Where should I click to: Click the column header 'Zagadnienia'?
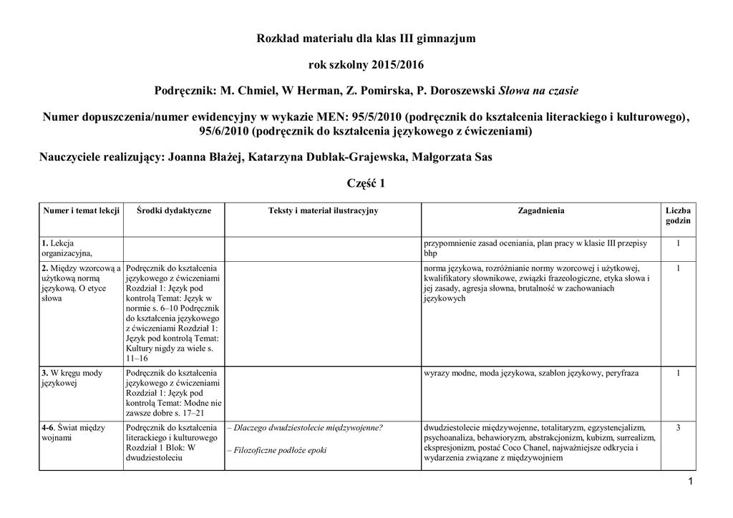540,210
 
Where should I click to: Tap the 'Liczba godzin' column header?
678,215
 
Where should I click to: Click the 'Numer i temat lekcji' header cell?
80,210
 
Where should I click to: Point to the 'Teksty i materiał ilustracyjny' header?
323,210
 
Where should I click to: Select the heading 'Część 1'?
366,183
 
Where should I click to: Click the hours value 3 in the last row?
678,428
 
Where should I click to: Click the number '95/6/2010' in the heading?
223,131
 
